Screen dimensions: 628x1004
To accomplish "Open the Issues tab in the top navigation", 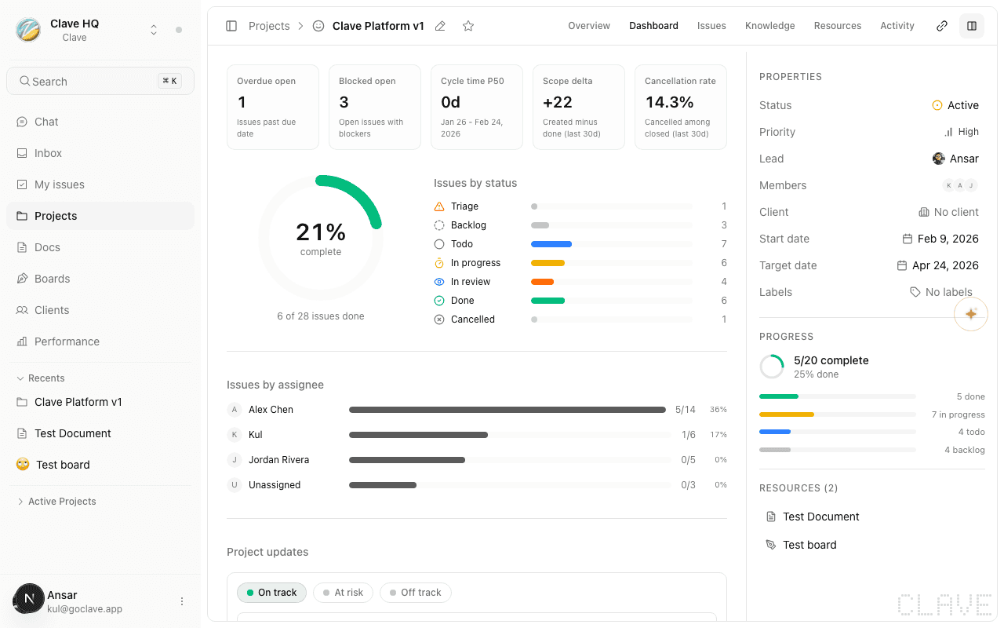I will point(711,26).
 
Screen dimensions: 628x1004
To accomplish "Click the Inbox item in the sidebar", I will point(48,153).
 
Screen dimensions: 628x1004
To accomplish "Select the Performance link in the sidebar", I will point(67,341).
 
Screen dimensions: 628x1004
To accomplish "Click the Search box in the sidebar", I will point(100,81).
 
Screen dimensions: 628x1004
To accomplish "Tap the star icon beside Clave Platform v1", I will point(468,26).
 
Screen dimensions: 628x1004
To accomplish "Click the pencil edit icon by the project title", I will point(440,26).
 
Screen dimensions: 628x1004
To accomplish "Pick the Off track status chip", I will point(415,593).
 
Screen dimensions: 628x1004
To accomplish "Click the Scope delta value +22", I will point(558,102).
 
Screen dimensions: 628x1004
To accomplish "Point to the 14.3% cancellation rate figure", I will point(669,102).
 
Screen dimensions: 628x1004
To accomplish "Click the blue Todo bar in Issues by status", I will point(551,244).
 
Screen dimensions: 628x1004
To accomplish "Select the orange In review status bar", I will point(542,282).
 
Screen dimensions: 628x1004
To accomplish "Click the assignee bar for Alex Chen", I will point(507,410).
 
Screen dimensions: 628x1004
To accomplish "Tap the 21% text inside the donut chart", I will point(321,232).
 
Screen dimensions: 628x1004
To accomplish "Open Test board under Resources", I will point(809,545).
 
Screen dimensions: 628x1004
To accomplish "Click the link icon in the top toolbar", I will point(942,26).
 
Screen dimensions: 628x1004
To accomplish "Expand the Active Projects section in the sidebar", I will point(61,502).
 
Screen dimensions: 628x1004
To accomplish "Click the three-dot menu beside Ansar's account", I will point(182,601).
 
